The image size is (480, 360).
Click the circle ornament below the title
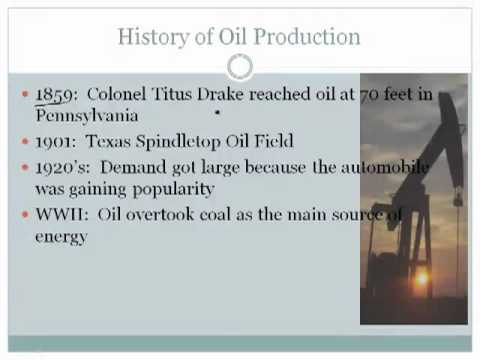pos(240,67)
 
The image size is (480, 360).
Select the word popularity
pos(173,188)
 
